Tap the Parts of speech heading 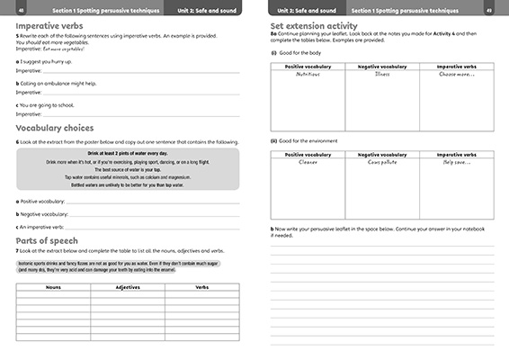[52, 240]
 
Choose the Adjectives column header [129, 287]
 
